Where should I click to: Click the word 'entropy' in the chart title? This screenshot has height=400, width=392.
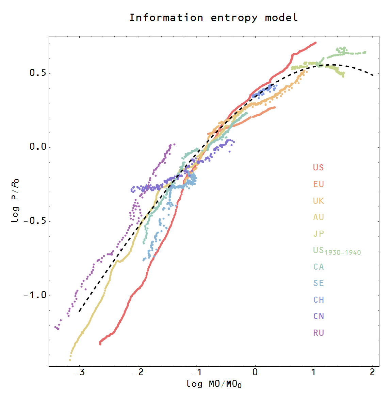234,18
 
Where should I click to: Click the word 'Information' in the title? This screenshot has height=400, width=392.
166,17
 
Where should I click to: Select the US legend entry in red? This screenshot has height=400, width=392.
318,168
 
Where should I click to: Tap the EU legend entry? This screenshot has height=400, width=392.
318,184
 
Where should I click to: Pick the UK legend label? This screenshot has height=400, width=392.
318,201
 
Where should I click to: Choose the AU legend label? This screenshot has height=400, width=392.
318,217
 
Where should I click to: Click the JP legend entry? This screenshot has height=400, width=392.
318,234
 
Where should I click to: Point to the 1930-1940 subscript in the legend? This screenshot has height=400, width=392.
343,253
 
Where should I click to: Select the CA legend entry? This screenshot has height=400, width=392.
318,267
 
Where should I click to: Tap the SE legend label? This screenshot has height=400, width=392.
318,283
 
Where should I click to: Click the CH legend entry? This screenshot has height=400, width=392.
318,300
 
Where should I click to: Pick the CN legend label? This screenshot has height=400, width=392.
318,316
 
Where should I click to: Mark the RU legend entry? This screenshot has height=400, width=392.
318,333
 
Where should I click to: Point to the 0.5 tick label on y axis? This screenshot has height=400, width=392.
37,73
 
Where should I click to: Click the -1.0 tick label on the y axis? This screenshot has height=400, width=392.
35,295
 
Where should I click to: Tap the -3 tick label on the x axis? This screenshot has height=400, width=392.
79,372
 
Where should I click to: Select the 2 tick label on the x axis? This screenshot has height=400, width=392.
372,372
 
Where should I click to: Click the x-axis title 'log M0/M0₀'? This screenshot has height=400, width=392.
214,384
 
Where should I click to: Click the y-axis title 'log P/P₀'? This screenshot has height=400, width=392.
15,201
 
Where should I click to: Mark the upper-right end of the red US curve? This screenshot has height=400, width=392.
315,43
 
